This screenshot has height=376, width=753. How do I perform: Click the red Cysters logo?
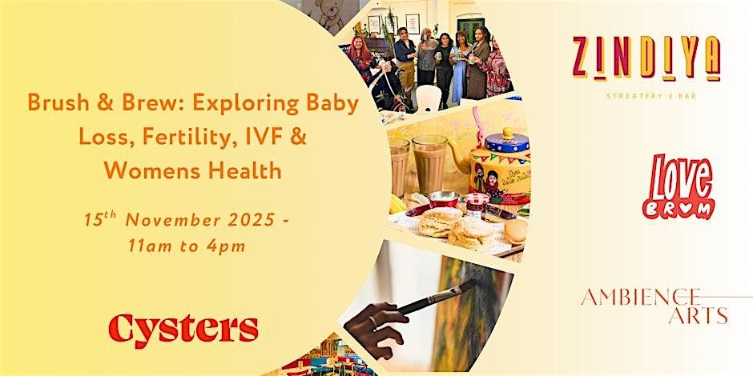click(183, 327)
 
